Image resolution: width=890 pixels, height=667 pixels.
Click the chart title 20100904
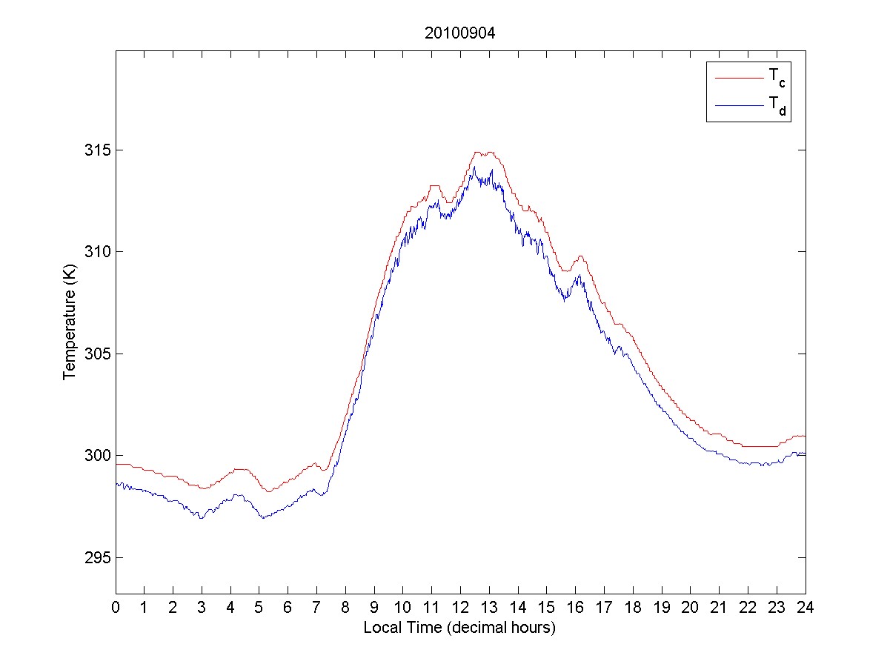(x=459, y=33)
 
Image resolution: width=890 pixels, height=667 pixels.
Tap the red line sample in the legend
(x=738, y=77)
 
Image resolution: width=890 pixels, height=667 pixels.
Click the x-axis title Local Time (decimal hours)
(x=459, y=628)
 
